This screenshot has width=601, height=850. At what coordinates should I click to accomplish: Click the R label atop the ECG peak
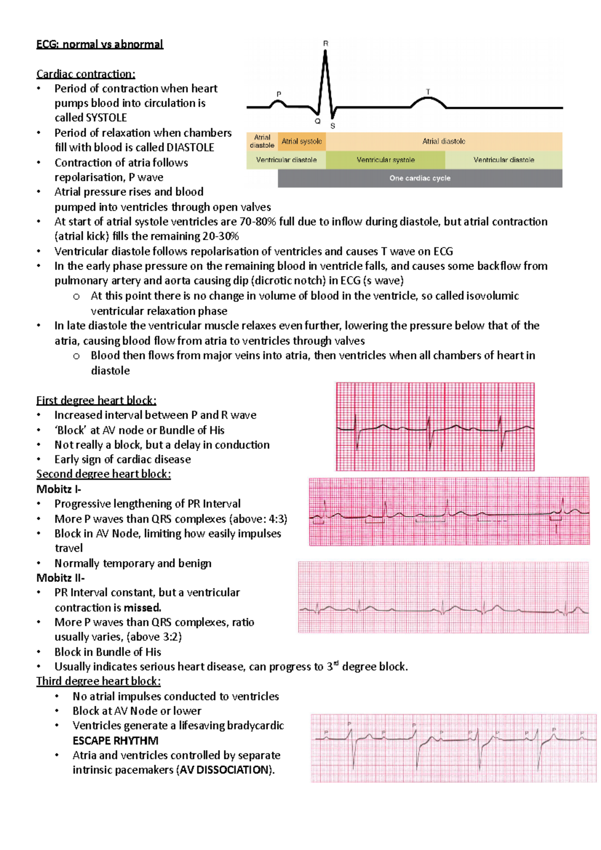[x=326, y=44]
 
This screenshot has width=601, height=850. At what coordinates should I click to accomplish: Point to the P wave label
[x=279, y=94]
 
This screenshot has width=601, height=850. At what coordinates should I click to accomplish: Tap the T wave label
[x=428, y=92]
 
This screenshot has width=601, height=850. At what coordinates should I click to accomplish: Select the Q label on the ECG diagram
[x=318, y=121]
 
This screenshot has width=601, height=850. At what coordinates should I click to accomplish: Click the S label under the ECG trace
[x=333, y=126]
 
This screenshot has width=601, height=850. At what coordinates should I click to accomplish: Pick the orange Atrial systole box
[x=302, y=141]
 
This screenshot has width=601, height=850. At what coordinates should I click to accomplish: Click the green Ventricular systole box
[x=385, y=160]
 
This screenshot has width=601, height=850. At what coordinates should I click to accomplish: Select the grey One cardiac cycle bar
[x=420, y=178]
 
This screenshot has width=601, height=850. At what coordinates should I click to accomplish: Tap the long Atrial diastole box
[x=444, y=141]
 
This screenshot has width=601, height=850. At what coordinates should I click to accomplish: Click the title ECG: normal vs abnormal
[x=100, y=44]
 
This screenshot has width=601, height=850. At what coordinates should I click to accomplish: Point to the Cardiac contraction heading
[x=86, y=74]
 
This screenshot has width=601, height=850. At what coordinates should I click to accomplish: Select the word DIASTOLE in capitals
[x=190, y=148]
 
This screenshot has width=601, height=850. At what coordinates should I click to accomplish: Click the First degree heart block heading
[x=96, y=400]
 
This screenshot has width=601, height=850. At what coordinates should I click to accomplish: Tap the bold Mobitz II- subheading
[x=61, y=578]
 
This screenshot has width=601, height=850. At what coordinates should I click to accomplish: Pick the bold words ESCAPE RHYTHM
[x=115, y=740]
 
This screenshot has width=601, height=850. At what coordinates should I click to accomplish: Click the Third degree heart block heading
[x=98, y=681]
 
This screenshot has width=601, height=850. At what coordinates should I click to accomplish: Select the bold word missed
[x=142, y=608]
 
